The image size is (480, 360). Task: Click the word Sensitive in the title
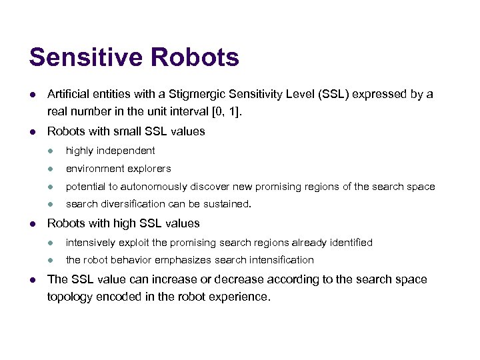coord(86,57)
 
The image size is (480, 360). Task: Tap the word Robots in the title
coord(195,57)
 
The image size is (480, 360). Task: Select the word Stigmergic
coord(197,95)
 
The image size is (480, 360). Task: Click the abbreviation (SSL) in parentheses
coord(333,94)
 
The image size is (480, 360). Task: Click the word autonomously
coord(154,187)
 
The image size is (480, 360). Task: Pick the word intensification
coord(281,260)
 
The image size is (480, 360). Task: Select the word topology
coord(69,297)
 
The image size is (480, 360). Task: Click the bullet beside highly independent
coord(51,151)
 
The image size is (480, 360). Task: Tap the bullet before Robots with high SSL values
coord(33,224)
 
